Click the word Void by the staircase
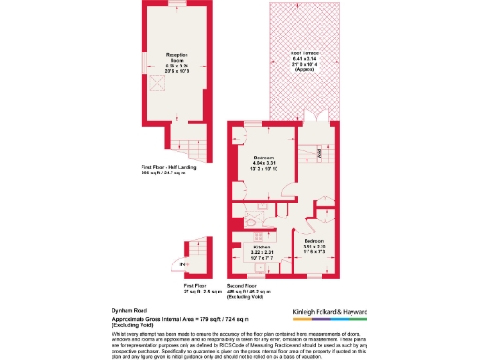[320, 152]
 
